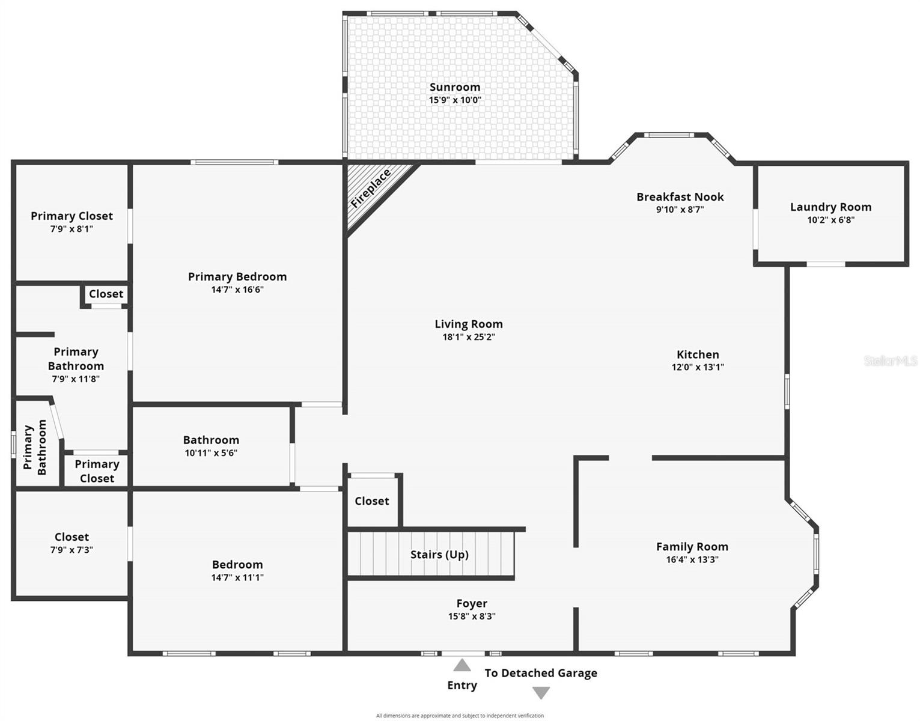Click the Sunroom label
click(x=454, y=87)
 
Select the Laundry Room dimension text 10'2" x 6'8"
click(x=830, y=220)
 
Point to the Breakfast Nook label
click(x=680, y=196)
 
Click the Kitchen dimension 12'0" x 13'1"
click(x=697, y=367)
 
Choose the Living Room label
click(x=468, y=324)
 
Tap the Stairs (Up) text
click(x=439, y=555)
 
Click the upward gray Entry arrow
click(x=462, y=665)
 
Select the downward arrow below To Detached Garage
click(x=541, y=693)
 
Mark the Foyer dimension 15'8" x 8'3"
click(x=471, y=616)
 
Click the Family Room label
click(x=692, y=547)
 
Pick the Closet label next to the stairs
click(x=371, y=501)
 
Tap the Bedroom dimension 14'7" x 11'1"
click(x=237, y=577)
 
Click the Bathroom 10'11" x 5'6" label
click(x=211, y=440)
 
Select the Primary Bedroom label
click(x=237, y=276)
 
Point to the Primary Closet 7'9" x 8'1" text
click(x=72, y=229)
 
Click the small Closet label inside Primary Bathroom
click(x=106, y=294)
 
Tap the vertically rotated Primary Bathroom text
click(x=35, y=448)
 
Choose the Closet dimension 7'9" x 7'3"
click(x=72, y=550)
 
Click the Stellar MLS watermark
click(x=891, y=360)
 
